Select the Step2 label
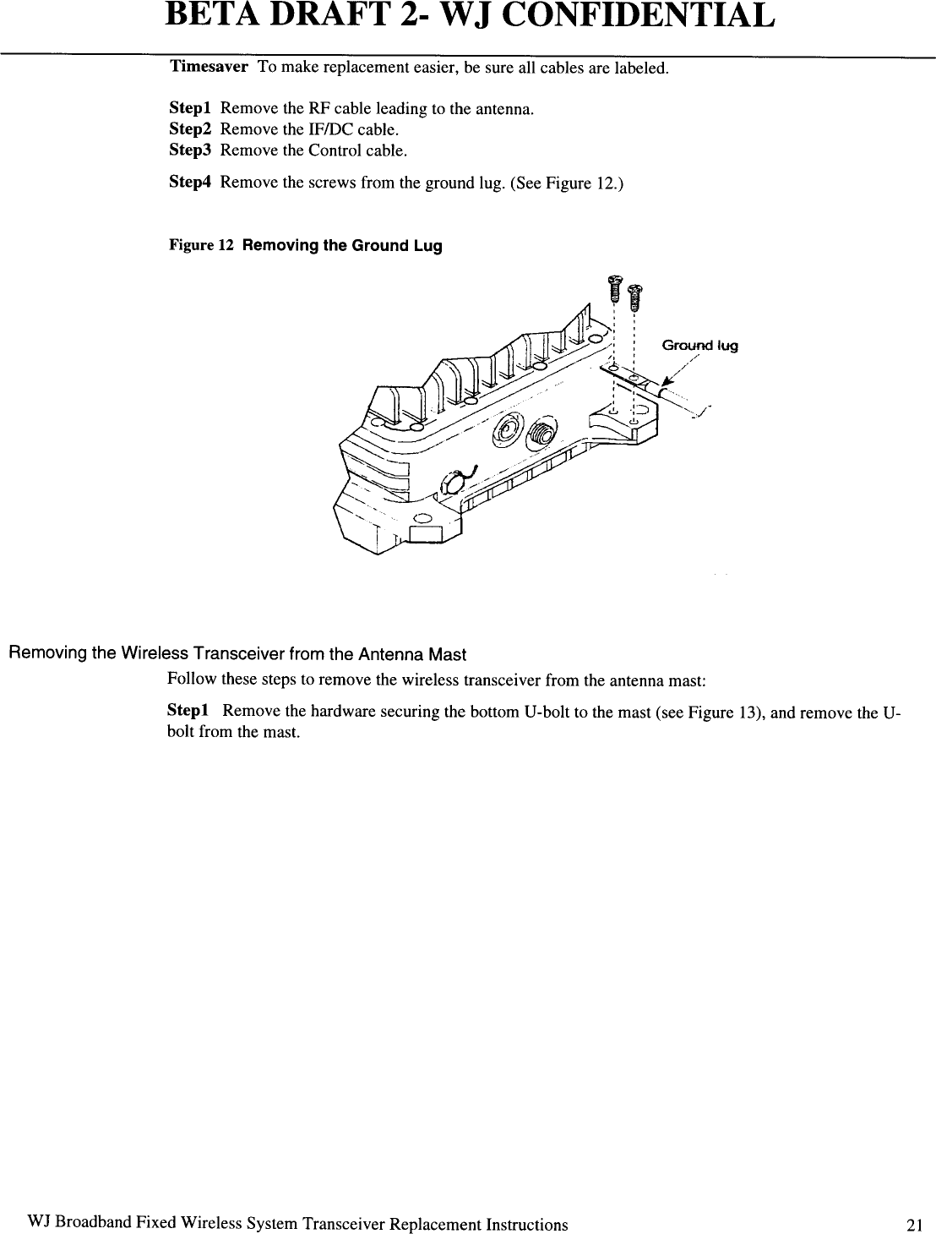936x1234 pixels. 190,129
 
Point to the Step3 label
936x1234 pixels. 190,150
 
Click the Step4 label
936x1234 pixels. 190,182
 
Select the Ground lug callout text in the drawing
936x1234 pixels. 699,345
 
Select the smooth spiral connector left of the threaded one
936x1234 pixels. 507,430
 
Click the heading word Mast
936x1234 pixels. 447,655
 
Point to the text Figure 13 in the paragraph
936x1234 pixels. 721,713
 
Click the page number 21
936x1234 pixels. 913,1225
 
